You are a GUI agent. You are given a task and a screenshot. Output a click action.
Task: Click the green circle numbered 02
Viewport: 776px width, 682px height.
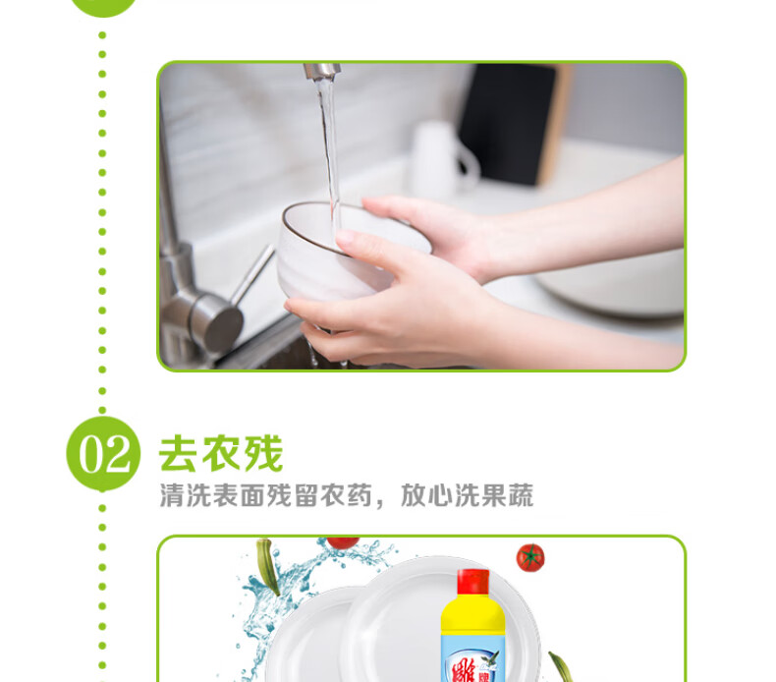coord(103,454)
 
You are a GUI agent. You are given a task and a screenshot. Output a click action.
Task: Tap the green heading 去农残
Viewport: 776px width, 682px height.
coord(221,453)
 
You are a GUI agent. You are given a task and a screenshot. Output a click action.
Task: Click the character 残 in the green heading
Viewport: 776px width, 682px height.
coord(263,453)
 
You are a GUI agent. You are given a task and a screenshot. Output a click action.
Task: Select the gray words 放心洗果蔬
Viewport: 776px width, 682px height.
coord(467,495)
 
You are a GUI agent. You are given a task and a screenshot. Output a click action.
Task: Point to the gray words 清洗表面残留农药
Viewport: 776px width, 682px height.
coord(265,495)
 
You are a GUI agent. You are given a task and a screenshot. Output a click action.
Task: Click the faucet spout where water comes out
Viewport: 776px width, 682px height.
coord(322,72)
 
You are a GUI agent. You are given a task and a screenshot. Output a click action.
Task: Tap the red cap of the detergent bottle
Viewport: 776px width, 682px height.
coord(473,582)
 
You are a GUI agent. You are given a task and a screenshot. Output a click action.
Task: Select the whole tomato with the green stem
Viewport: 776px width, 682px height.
coord(530,557)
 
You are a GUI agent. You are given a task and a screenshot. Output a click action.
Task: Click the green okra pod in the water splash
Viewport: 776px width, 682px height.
coord(268,566)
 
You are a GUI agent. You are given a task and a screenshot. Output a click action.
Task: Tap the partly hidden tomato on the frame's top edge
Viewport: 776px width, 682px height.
coord(343,542)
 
